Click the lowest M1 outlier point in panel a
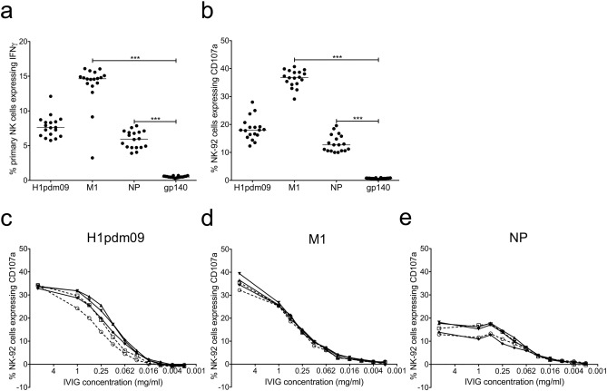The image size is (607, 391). click(93, 158)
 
